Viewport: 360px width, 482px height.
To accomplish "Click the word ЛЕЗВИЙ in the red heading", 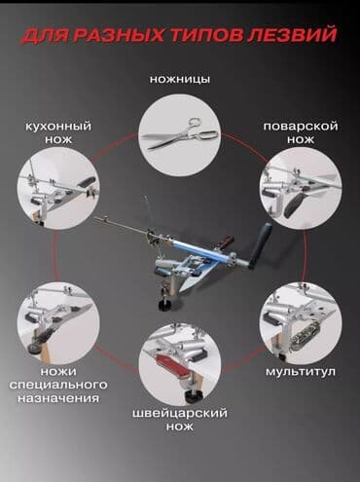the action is pos(292,35).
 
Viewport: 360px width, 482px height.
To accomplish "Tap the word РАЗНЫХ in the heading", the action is pos(118,35).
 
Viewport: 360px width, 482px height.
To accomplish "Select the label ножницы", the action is pos(180,80).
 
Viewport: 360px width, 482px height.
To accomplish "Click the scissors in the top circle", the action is pos(179,134).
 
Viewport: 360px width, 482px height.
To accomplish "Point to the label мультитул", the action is pos(301,371).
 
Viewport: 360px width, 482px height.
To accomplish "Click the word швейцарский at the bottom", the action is pos(180,414).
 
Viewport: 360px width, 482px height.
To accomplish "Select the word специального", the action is pos(58,386).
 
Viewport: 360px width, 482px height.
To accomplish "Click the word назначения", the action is pos(58,398).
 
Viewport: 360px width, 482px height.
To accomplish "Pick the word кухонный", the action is pos(58,127).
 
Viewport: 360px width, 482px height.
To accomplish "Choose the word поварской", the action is pos(301,127).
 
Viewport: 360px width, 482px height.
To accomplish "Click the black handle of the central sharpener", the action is pos(261,244).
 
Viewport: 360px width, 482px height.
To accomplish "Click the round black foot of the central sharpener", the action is pos(166,305).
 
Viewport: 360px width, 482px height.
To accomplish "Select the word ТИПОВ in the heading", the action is pos(205,35).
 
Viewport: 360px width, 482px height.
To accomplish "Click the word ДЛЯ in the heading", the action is pos(46,35).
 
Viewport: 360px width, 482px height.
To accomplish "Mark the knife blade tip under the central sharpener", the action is pos(181,290).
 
